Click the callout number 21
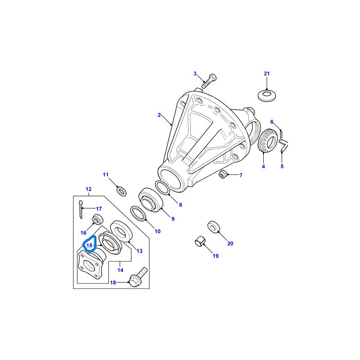[x=266, y=73]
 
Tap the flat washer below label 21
[x=267, y=95]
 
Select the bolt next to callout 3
[x=209, y=82]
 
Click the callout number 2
[x=159, y=115]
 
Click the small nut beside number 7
[x=222, y=174]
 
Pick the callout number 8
[x=180, y=205]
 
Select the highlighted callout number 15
[x=90, y=246]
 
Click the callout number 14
[x=120, y=270]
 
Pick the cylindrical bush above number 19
[x=199, y=241]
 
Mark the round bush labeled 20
[x=214, y=226]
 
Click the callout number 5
[x=282, y=166]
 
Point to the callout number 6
[x=272, y=122]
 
